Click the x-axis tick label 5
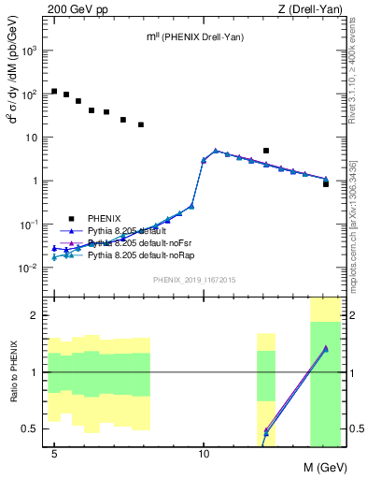(x=54, y=455)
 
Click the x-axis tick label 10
(x=204, y=455)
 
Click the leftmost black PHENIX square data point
(x=54, y=92)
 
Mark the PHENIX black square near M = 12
(x=266, y=151)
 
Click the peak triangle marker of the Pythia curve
(x=216, y=150)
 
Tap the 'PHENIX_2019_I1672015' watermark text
(x=194, y=280)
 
